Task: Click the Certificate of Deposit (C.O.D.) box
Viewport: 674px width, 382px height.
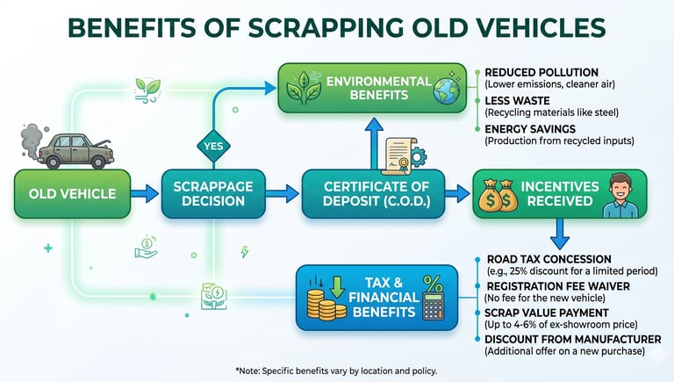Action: [x=372, y=193]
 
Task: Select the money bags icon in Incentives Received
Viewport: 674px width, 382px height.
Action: [x=498, y=197]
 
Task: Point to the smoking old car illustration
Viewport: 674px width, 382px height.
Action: [x=74, y=148]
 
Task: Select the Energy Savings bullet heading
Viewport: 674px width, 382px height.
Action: [x=530, y=128]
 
